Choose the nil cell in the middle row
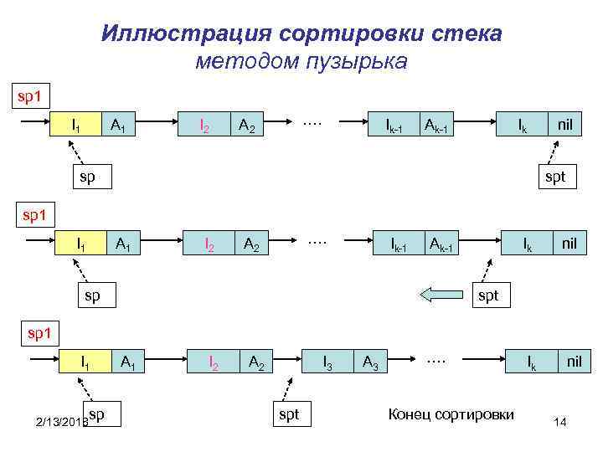pyautogui.click(x=569, y=244)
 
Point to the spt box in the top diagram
pyautogui.click(x=555, y=177)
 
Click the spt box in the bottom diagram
pyautogui.click(x=288, y=413)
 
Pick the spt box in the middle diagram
pyautogui.click(x=487, y=295)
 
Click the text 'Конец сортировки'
pyautogui.click(x=451, y=413)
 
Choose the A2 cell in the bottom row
pyautogui.click(x=257, y=362)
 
